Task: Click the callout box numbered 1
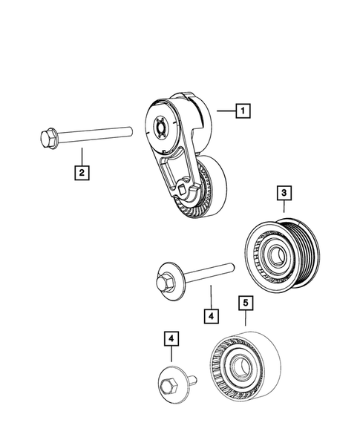(242, 111)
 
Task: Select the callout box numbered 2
(81, 173)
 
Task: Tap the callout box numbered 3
(285, 194)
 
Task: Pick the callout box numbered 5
(245, 303)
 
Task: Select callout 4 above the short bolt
(171, 340)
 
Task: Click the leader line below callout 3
(285, 210)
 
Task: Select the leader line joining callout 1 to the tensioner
(225, 111)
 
